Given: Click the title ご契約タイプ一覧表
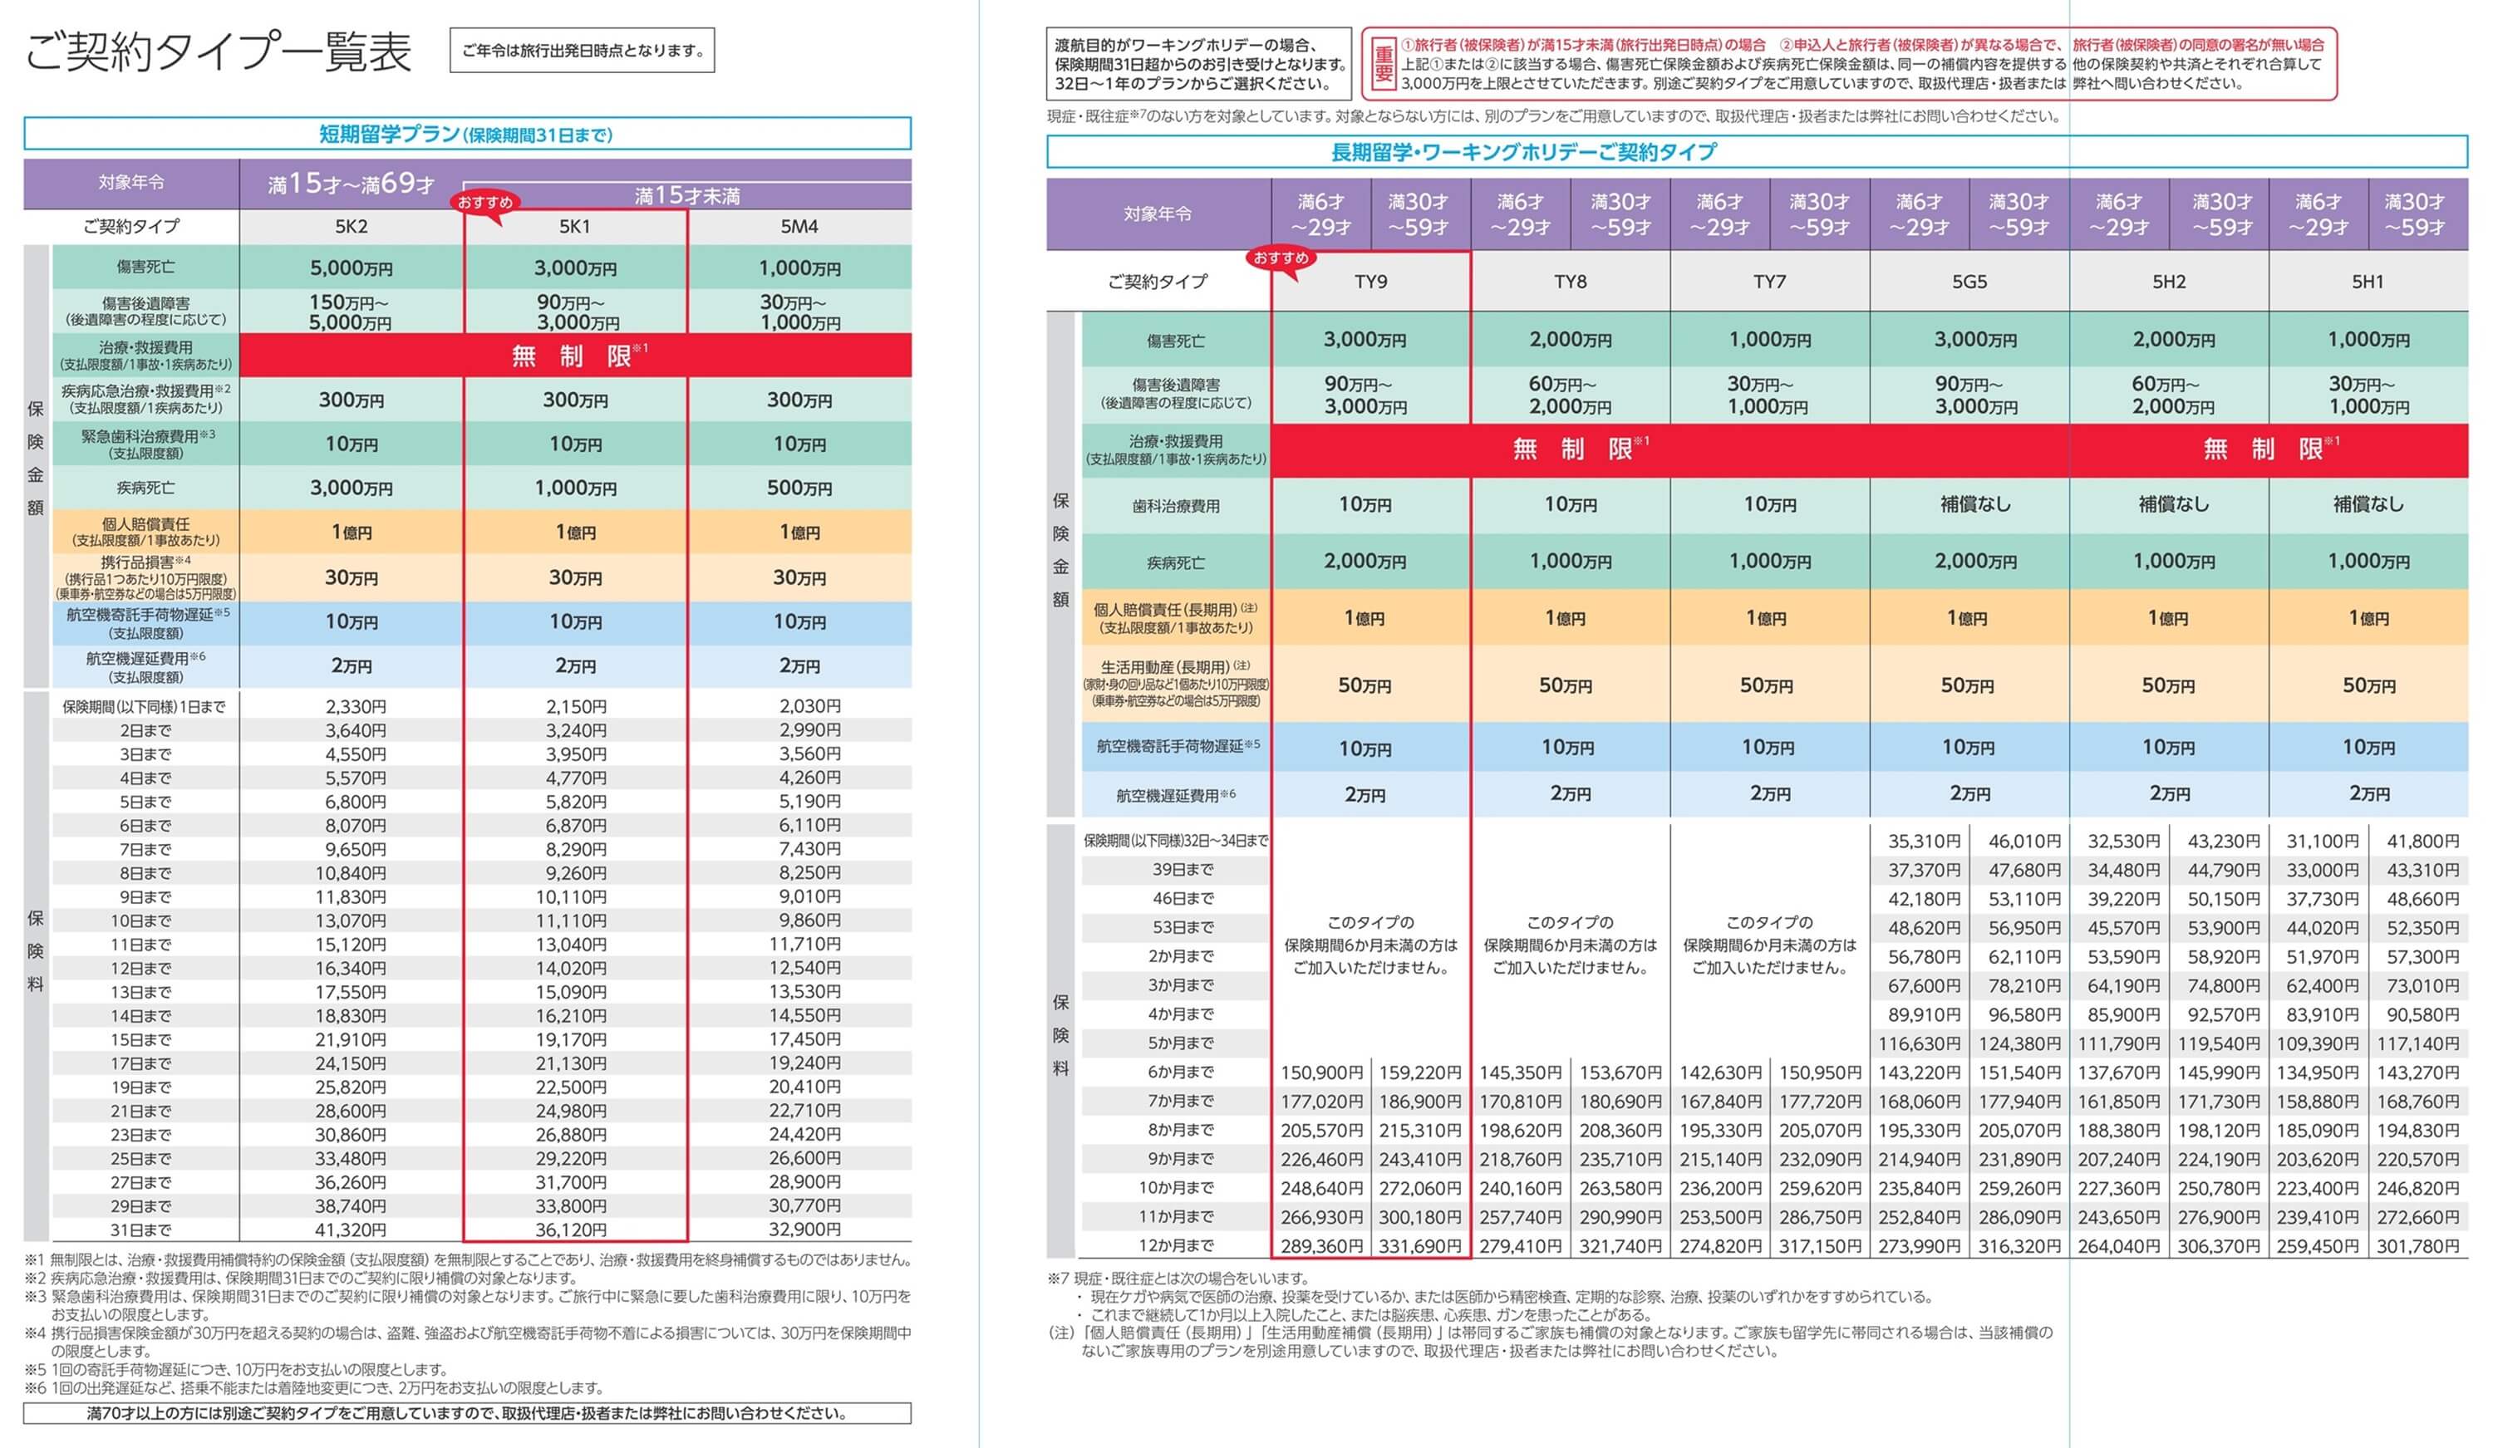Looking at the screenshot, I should click(x=218, y=52).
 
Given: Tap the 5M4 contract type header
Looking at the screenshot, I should click(x=799, y=227).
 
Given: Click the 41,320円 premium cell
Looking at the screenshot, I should click(x=355, y=1230).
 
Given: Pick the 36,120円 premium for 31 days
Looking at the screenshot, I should click(x=576, y=1230).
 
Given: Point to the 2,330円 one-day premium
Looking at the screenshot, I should click(x=355, y=706).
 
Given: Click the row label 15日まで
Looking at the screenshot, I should click(x=145, y=1039).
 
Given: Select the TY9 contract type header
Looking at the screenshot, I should click(x=1370, y=282).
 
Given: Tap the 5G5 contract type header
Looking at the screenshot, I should click(x=1969, y=282).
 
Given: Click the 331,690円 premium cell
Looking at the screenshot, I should click(x=1419, y=1246).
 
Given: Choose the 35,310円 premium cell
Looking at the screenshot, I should click(x=1923, y=842).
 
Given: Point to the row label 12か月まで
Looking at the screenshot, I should click(x=1175, y=1246).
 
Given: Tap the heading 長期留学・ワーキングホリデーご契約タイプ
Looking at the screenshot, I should click(x=1523, y=152).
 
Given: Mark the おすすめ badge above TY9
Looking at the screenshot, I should click(x=1281, y=258).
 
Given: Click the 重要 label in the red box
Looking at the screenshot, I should click(x=1383, y=64).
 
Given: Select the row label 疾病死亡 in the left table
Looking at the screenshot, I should click(x=145, y=488).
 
